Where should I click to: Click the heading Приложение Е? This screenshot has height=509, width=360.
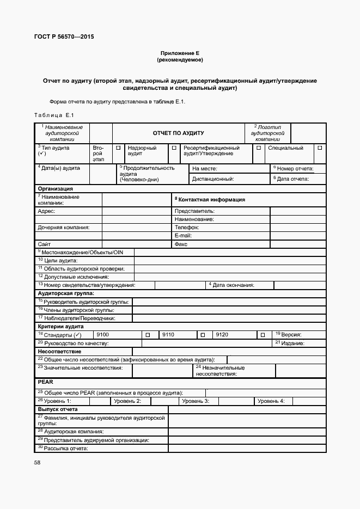click(180, 53)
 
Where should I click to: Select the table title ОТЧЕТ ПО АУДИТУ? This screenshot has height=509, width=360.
click(178, 133)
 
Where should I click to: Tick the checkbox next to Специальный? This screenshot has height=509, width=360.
click(320, 148)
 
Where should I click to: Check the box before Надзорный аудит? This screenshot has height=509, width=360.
click(118, 148)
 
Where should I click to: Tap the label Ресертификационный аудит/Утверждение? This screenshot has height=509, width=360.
click(211, 151)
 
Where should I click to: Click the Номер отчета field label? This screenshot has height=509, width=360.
click(294, 169)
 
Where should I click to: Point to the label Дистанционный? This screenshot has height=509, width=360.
click(213, 179)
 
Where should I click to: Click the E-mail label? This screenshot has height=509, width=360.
click(183, 235)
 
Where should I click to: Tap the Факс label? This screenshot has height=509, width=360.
click(181, 244)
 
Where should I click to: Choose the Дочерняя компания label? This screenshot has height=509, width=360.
click(64, 227)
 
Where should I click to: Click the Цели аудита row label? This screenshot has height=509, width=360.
click(57, 261)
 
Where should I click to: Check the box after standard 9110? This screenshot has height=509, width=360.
click(203, 335)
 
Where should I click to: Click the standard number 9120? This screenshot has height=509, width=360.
click(222, 335)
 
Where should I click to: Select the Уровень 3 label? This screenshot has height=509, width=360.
click(196, 401)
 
